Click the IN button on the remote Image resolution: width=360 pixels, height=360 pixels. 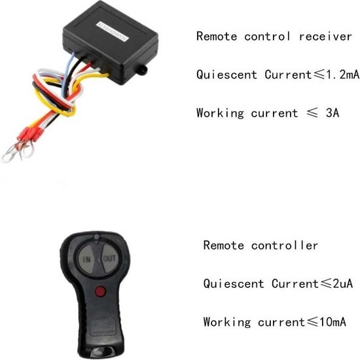click(86, 259)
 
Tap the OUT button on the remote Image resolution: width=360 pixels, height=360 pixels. click(109, 259)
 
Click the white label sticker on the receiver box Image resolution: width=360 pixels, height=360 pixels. click(112, 31)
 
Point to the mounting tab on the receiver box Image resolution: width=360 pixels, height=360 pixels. click(142, 69)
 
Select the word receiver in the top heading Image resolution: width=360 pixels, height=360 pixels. click(325, 37)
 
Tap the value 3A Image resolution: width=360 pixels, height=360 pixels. click(333, 113)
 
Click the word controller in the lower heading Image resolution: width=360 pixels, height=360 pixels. click(285, 245)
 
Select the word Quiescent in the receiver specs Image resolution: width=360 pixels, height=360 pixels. click(226, 75)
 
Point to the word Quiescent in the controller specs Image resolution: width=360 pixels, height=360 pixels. click(234, 284)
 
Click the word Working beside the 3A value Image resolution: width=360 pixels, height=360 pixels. click(220, 113)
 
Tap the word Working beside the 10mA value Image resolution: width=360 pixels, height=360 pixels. click(227, 322)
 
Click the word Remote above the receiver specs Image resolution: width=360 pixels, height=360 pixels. click(217, 37)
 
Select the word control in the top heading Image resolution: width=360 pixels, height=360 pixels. click(267, 37)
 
